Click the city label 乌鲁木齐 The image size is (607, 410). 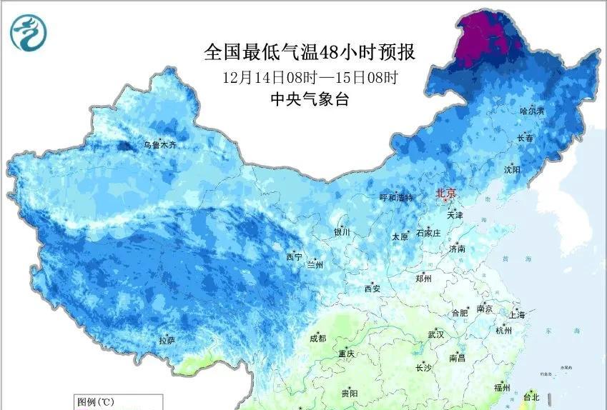click(159, 145)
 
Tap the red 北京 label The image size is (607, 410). click(446, 193)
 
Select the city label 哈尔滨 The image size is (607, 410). click(532, 111)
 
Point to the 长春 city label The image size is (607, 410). click(525, 139)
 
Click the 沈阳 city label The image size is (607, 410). click(512, 169)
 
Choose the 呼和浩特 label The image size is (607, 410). click(395, 198)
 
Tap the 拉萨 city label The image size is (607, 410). click(166, 341)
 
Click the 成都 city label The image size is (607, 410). click(318, 339)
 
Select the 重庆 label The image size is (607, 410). click(347, 354)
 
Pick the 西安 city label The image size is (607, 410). click(372, 289)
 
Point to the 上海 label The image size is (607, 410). click(517, 315)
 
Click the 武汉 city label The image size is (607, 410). click(435, 334)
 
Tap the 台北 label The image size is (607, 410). click(532, 397)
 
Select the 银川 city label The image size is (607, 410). click(342, 232)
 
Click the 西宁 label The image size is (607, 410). click(294, 256)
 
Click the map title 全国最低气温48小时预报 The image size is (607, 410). click(310, 52)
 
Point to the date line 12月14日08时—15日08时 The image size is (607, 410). click(310, 76)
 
